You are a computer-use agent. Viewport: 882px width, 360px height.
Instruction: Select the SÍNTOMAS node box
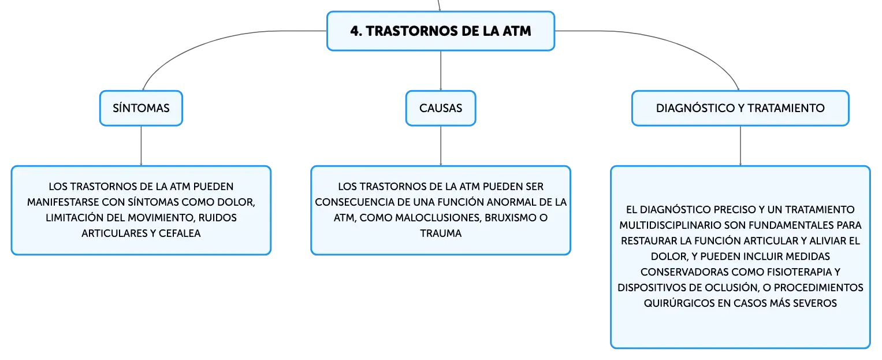(141, 108)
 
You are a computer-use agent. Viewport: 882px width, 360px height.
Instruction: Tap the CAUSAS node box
(441, 108)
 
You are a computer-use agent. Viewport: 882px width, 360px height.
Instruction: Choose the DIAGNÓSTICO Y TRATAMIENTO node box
(740, 108)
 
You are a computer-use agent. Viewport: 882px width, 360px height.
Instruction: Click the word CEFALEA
(180, 233)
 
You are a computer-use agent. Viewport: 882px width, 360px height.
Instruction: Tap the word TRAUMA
(441, 233)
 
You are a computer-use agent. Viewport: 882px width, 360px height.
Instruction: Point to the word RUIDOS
(217, 218)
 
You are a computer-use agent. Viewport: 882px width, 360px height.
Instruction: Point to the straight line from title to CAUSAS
(441, 70)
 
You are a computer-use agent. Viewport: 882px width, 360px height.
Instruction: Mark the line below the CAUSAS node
(441, 146)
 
